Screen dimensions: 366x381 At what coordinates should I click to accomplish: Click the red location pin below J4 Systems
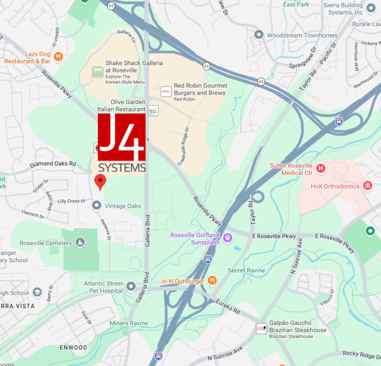point(100,182)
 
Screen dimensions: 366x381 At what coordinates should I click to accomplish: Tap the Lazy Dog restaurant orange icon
point(59,57)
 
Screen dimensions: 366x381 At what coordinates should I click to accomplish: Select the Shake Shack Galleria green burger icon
point(98,71)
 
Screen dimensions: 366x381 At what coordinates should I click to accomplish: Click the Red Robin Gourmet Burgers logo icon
point(166,91)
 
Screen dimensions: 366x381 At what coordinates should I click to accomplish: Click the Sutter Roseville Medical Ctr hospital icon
point(320,169)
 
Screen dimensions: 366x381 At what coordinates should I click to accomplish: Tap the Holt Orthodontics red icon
point(368,186)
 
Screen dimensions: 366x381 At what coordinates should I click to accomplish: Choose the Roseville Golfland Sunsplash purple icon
point(228,238)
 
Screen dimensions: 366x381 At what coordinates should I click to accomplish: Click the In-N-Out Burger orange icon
point(212,281)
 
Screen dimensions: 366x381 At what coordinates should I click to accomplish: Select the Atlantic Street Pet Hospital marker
point(131,286)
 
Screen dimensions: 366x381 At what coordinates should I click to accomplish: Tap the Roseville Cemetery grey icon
point(80,243)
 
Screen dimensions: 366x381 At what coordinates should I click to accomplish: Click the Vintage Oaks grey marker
point(97,205)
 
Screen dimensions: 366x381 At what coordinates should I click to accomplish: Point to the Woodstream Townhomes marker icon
point(258,35)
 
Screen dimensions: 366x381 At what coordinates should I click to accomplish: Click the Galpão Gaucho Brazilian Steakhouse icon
point(261,328)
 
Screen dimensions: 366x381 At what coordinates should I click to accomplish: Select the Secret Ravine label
point(247,270)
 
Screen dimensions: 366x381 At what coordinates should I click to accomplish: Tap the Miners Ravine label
point(128,323)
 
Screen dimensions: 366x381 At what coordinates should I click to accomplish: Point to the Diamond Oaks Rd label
point(53,164)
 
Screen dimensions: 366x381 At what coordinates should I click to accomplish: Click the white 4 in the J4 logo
point(133,133)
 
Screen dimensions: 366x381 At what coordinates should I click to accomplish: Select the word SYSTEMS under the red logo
point(122,167)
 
